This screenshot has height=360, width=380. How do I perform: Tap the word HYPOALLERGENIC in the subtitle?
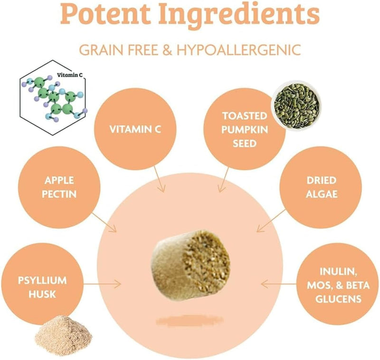pos(239,50)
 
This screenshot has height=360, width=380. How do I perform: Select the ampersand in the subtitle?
pos(168,50)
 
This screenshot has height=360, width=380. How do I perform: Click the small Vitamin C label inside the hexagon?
pos(69,75)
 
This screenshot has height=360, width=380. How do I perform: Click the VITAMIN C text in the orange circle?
pos(135,129)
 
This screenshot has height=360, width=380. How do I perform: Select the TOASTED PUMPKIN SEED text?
pos(245,130)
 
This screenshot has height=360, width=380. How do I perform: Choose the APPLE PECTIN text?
pos(59,187)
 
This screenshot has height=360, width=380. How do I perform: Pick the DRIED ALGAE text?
pos(322,187)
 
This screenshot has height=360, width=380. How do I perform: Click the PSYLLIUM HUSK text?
pos(42,287)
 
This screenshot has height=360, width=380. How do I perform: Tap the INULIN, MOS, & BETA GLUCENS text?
pos(338,285)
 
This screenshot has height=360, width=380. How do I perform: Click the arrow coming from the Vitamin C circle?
pos(160,179)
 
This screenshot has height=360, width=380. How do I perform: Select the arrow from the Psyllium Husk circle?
pos(102,284)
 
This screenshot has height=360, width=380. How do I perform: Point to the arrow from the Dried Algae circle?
pos(271,221)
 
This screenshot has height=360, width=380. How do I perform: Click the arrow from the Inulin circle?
pos(279,284)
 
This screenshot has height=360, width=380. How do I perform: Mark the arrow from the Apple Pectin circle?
pos(104,222)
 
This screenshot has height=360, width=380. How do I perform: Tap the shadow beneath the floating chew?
pos(190,321)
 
